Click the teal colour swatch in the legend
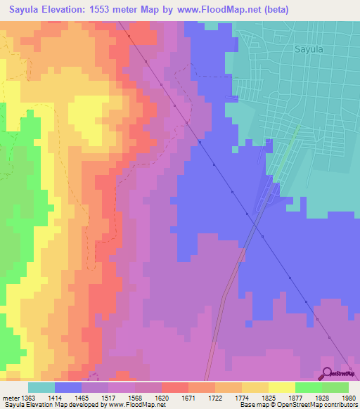click(41, 387)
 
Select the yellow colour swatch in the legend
click(282, 387)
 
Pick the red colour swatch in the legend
click(175, 387)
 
